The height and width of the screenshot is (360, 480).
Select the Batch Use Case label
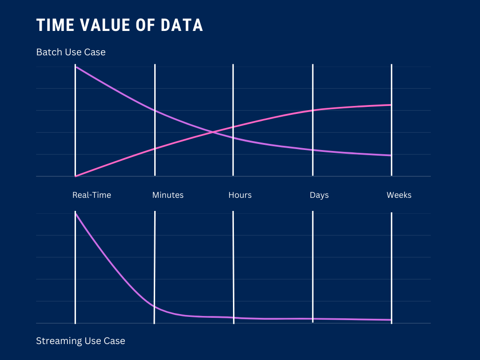coord(71,52)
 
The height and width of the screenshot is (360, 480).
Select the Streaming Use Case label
coord(81,341)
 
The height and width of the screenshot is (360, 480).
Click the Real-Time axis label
coord(91,195)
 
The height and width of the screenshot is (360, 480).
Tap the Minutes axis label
coord(168,195)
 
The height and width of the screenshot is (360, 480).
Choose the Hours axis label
coord(240,195)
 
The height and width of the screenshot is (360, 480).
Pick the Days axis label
coord(319,195)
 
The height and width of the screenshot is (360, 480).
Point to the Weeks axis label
coord(399,195)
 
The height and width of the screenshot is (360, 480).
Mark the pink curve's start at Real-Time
coord(75,176)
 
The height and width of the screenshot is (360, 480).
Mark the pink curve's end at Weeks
coord(391,105)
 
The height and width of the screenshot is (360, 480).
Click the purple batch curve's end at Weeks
coord(391,155)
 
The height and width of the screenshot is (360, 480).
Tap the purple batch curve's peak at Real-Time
coord(75,67)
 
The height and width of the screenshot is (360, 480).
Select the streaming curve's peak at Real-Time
coord(75,214)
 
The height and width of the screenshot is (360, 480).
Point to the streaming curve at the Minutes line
coord(155,306)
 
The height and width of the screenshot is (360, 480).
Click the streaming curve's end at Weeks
coord(391,320)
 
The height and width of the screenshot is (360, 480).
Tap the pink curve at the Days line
coord(313,110)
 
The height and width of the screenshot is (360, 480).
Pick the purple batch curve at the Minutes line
coord(155,110)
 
